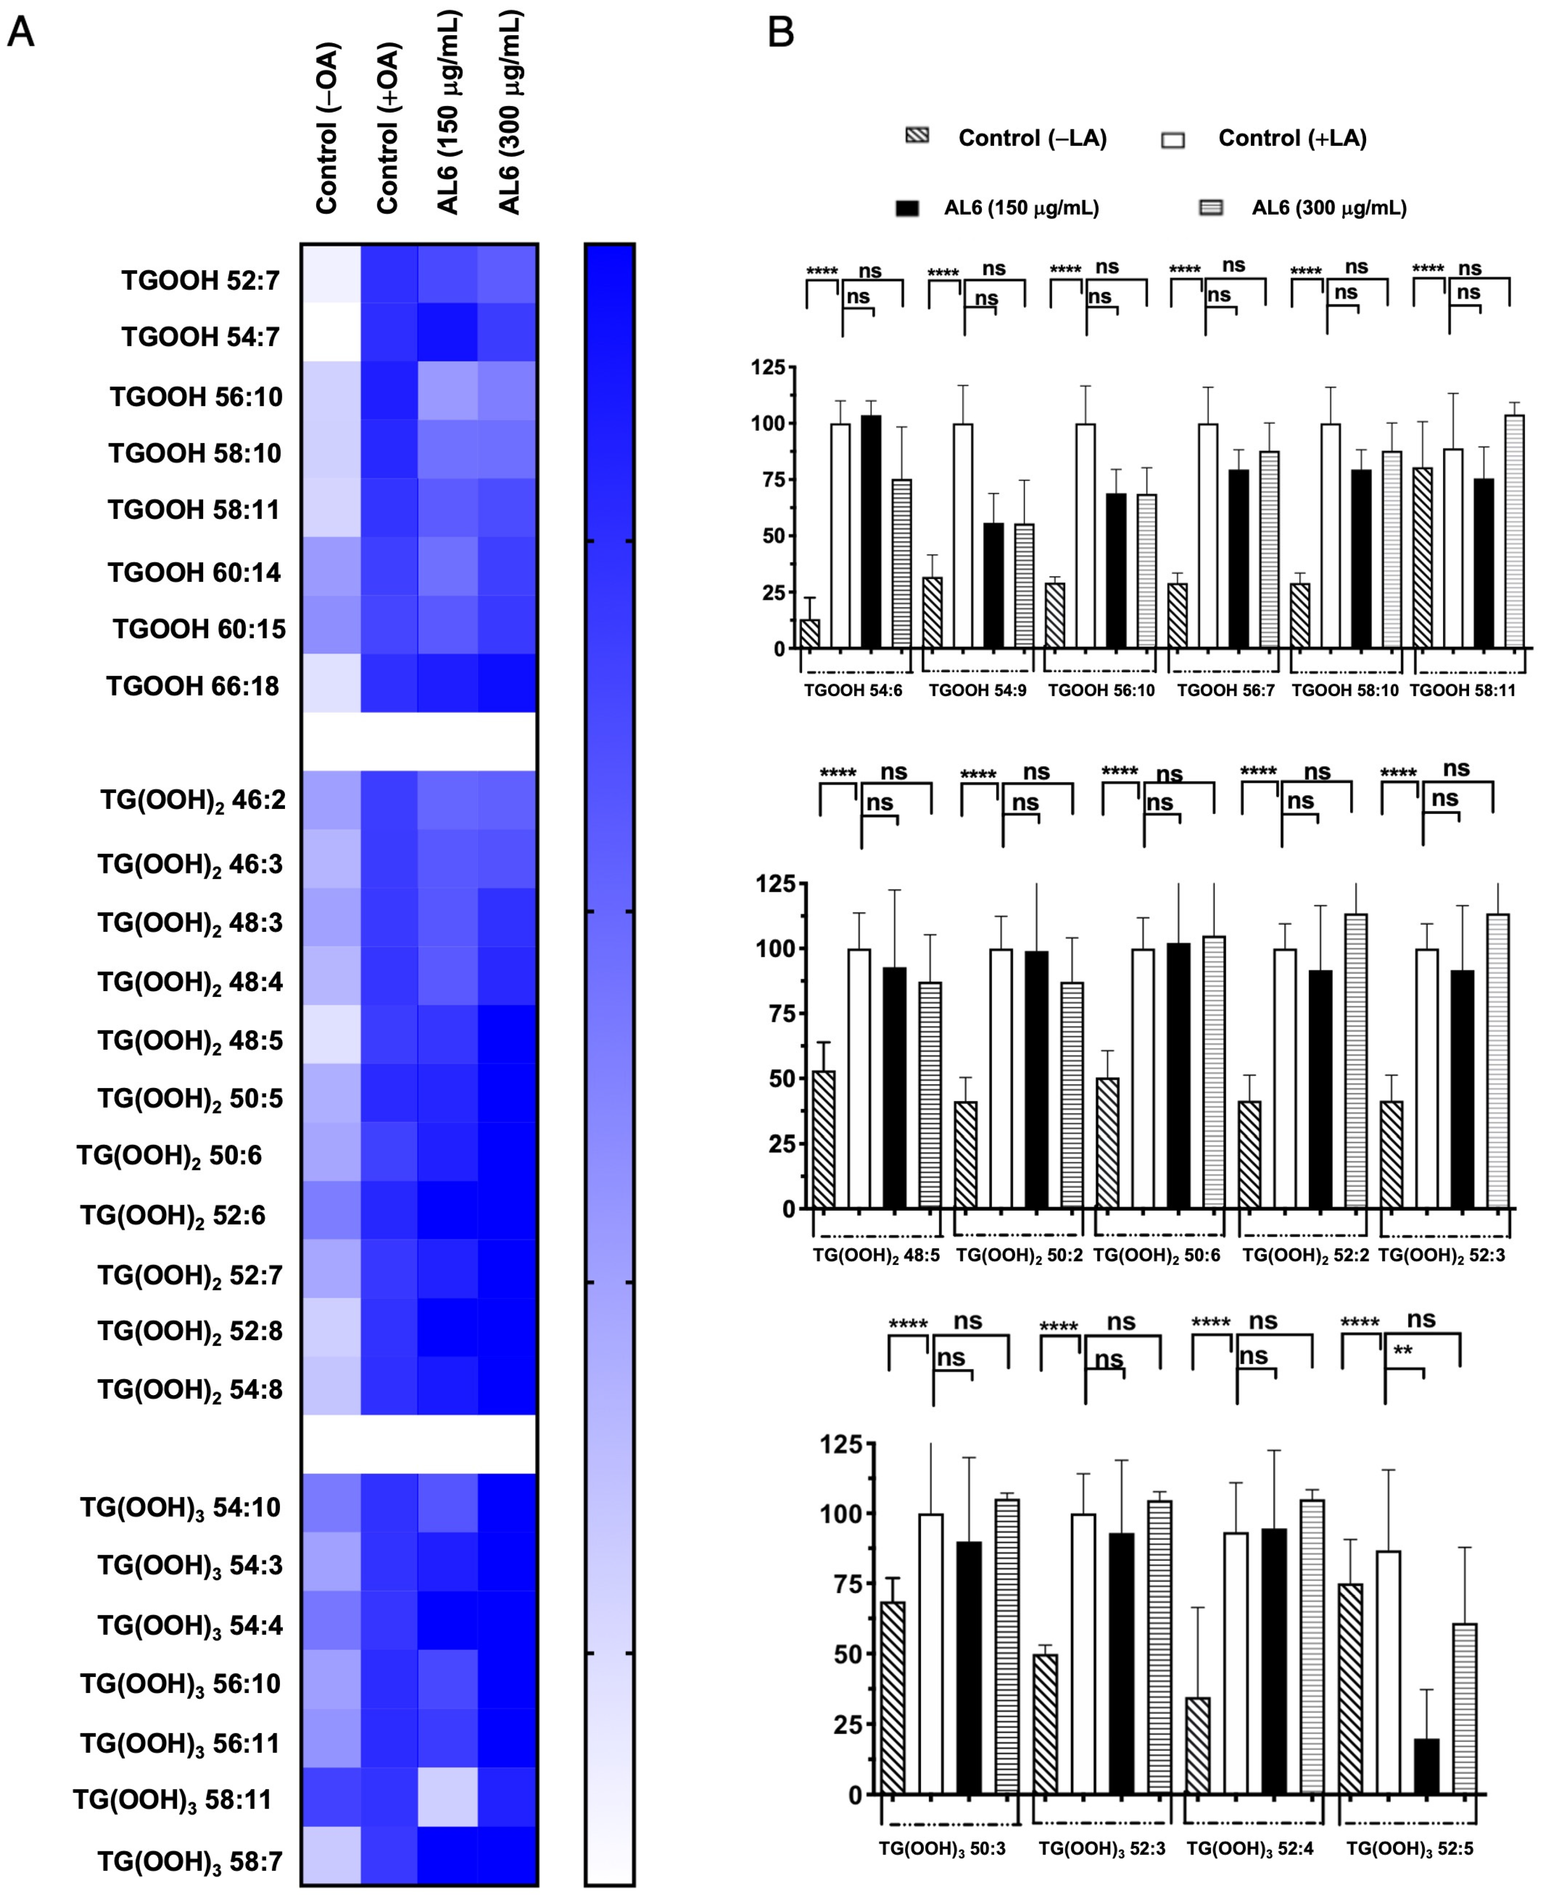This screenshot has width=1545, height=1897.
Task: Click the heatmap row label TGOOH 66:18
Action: click(x=193, y=686)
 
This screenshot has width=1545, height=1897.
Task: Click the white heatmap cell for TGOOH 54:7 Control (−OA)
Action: click(x=331, y=332)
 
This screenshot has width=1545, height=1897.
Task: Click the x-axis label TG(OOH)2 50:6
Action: click(x=1156, y=1255)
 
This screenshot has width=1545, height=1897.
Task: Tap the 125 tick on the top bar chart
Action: click(x=767, y=368)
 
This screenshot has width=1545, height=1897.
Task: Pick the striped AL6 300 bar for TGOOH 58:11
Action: click(x=1514, y=532)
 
